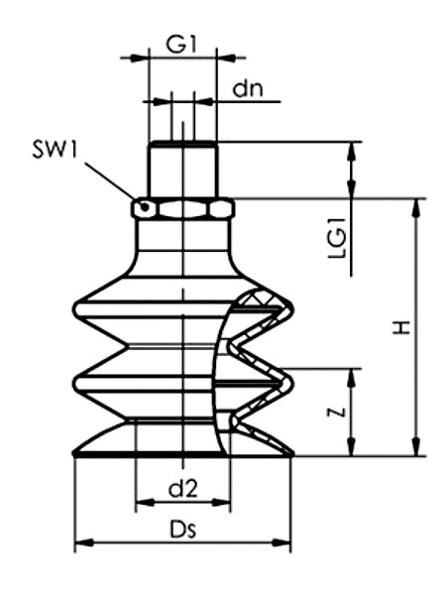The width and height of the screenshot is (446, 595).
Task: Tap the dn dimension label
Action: point(248,89)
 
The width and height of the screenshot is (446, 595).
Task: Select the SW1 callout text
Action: point(55,149)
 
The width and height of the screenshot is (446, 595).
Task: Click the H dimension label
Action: point(401,326)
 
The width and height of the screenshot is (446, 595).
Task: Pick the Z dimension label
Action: point(338,412)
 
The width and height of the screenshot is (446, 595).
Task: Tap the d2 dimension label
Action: point(183,488)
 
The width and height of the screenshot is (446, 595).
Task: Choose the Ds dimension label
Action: point(183,530)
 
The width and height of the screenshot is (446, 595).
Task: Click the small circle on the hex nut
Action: point(145,207)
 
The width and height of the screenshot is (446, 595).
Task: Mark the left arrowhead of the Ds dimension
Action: point(84,542)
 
